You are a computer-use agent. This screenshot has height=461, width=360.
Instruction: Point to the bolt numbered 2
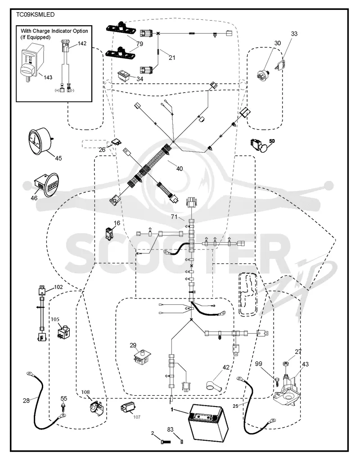(166, 441)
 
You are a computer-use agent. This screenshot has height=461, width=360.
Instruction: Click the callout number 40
(180, 169)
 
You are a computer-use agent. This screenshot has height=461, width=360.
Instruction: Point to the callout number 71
(174, 217)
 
